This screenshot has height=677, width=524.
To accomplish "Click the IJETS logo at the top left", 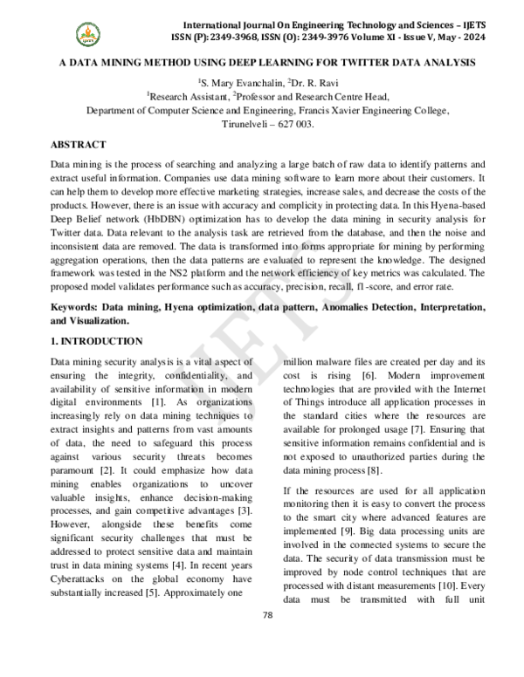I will pyautogui.click(x=86, y=35).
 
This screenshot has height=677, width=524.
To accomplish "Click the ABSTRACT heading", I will pyautogui.click(x=79, y=144).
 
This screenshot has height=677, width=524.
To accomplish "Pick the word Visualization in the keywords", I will pyautogui.click(x=102, y=320).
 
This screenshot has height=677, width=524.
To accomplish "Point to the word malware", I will pyautogui.click(x=336, y=361).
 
